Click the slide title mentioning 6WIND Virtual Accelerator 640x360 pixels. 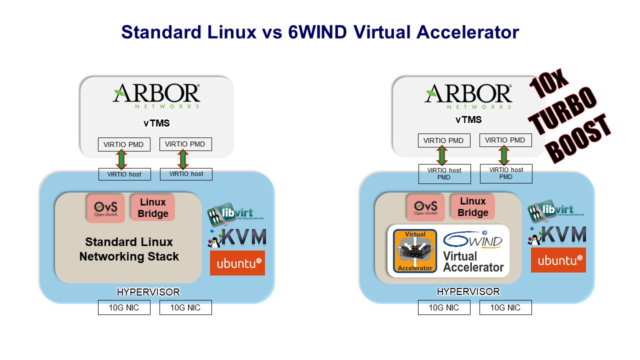tap(320, 32)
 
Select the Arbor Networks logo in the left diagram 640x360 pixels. tap(156, 95)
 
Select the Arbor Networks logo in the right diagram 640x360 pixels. tap(468, 95)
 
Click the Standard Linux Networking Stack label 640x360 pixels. tap(129, 249)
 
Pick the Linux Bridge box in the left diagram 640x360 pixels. tap(152, 207)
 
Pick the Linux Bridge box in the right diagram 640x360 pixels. tap(472, 207)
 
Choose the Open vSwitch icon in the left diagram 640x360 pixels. tap(105, 208)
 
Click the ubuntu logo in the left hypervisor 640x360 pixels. tap(237, 263)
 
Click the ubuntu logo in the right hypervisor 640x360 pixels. tap(558, 260)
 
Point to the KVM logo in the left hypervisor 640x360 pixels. tap(237, 237)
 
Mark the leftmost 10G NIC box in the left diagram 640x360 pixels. tap(124, 307)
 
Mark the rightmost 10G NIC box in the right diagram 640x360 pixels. tap(505, 307)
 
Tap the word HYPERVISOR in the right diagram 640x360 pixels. tap(468, 291)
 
